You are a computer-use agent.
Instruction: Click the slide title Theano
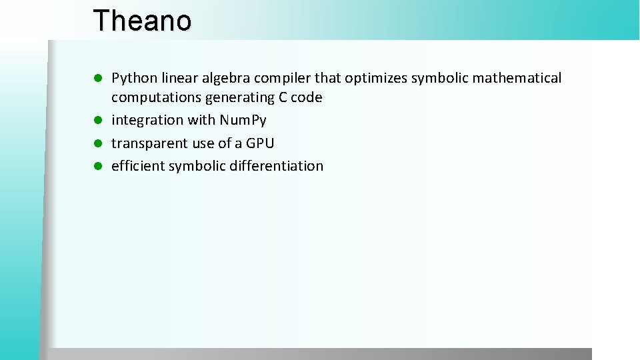pos(142,21)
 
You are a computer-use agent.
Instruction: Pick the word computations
pos(156,98)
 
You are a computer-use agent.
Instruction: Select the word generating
pos(237,98)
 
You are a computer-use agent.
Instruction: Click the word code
pos(307,98)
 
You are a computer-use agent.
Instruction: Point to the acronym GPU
pos(260,143)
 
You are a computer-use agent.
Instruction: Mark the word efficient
pos(138,166)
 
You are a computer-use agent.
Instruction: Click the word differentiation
pos(277,166)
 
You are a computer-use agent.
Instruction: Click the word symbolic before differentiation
pos(197,166)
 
